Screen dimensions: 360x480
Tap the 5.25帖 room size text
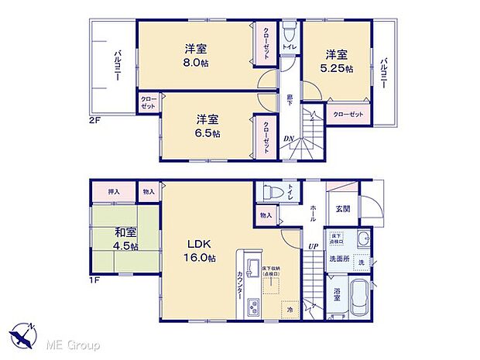click(338, 69)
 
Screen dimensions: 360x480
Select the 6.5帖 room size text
click(207, 133)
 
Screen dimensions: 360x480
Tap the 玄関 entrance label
click(343, 209)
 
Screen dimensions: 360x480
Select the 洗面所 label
click(338, 258)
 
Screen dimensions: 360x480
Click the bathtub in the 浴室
click(359, 299)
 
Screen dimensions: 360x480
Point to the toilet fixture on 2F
click(289, 33)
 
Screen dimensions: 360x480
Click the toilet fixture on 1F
click(267, 192)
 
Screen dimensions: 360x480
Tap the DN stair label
click(288, 139)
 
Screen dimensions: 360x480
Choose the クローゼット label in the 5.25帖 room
click(348, 115)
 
